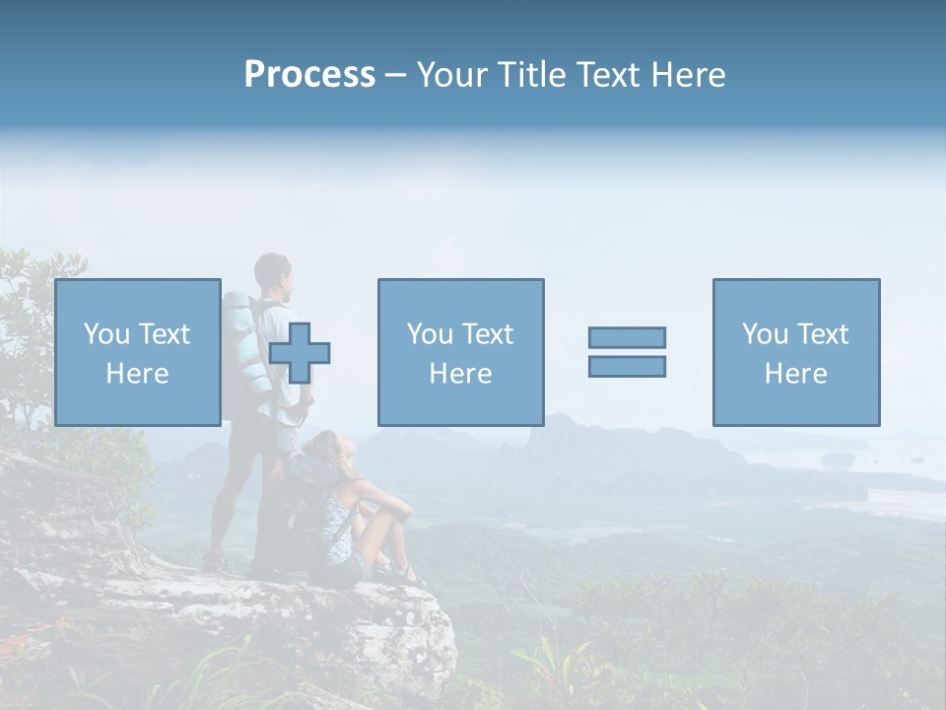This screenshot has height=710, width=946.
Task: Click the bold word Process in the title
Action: tap(309, 75)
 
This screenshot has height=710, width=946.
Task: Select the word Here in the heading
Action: tap(685, 75)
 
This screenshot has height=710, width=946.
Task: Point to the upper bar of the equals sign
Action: tap(627, 337)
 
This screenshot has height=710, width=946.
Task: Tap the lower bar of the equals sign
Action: tap(627, 366)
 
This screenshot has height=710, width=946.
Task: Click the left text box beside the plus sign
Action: tap(137, 352)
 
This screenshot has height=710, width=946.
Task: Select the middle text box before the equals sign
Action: tap(460, 352)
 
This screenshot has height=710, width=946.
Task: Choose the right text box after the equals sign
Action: tap(795, 352)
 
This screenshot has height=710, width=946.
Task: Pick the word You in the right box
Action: tap(765, 334)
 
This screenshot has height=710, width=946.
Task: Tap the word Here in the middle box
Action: tap(460, 374)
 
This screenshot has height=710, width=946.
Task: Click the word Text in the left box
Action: tap(164, 334)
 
